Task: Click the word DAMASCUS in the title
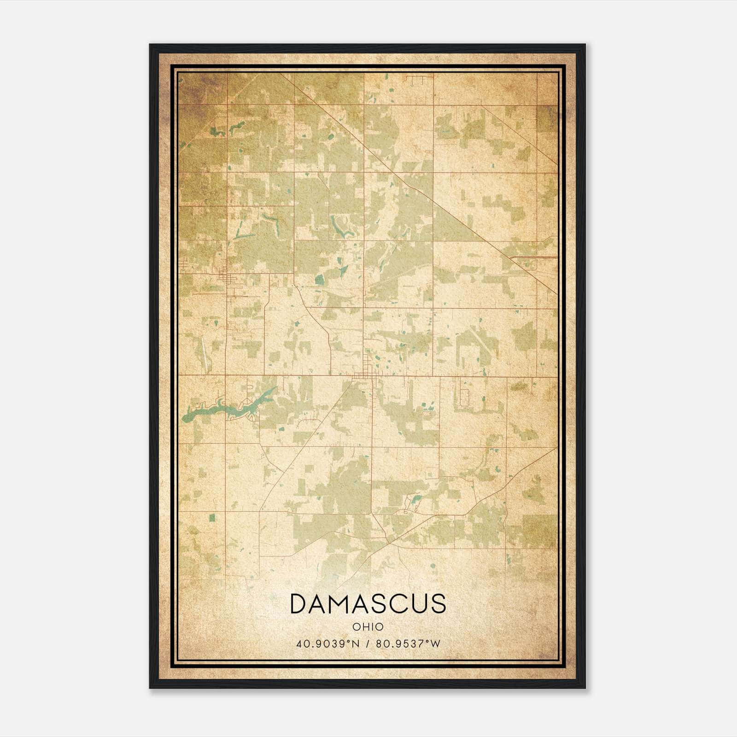coord(368,603)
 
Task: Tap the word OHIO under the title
coord(368,627)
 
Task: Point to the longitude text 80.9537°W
coord(408,643)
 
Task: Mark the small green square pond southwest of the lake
coord(212,517)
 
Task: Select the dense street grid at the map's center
coord(366,368)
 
